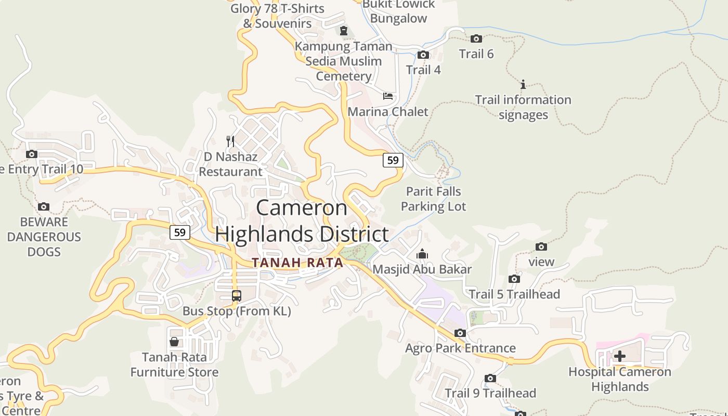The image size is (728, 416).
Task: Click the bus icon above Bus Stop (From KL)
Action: (237, 296)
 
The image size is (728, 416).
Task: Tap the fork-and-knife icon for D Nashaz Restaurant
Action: (230, 141)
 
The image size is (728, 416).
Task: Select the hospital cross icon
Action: (620, 356)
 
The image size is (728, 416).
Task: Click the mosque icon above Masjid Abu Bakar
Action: (422, 254)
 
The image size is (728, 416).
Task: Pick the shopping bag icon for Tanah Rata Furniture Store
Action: (174, 342)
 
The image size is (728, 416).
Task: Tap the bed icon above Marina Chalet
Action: (388, 96)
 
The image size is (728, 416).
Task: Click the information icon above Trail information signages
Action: (523, 84)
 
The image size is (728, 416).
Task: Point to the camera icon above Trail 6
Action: (476, 38)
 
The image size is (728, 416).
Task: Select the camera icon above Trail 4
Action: (423, 55)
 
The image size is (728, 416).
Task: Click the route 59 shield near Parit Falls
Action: (393, 160)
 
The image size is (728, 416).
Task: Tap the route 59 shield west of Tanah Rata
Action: (179, 232)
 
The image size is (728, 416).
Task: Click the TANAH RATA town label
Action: (297, 263)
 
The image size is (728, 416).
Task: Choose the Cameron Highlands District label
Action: (302, 221)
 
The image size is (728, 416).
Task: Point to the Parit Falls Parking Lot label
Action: (434, 199)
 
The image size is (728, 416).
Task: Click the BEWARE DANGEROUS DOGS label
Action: (44, 237)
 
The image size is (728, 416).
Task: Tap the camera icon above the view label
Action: (541, 246)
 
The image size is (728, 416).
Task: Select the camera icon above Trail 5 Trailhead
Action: (514, 279)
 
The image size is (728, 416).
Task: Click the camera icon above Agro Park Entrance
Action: (460, 333)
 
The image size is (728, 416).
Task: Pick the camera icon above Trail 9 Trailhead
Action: (490, 378)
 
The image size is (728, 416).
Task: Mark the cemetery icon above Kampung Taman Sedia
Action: (343, 31)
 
